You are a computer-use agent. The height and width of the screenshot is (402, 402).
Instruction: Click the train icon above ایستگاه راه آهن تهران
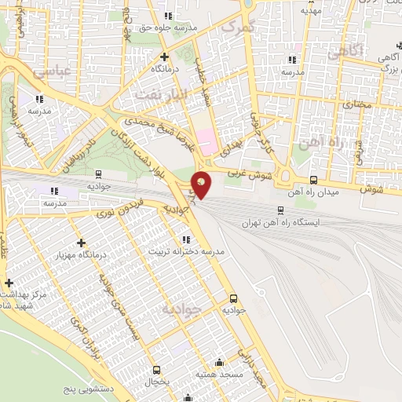[280, 210]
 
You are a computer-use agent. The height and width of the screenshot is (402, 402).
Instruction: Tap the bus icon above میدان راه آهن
[314, 179]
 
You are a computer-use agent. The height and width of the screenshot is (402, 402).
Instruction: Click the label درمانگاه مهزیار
[81, 256]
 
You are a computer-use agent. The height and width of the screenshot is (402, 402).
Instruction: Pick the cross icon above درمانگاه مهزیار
[81, 243]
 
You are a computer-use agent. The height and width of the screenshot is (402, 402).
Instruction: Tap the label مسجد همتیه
[217, 375]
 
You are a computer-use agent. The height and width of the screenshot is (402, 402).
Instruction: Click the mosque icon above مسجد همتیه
[218, 363]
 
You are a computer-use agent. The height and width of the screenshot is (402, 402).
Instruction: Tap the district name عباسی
[53, 70]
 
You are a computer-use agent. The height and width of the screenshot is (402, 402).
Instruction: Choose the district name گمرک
[240, 28]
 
